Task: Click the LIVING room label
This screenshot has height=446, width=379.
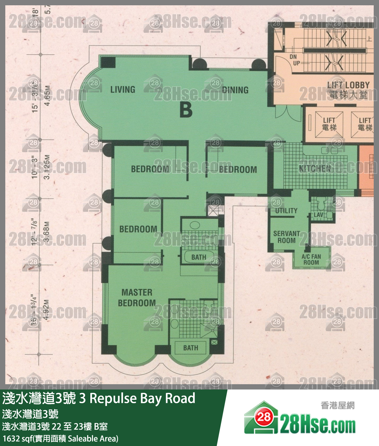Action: pyautogui.click(x=123, y=90)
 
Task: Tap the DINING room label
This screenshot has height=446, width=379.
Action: pyautogui.click(x=235, y=90)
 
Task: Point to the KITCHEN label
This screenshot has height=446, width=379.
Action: pyautogui.click(x=315, y=168)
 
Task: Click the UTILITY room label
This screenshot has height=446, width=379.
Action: pyautogui.click(x=286, y=211)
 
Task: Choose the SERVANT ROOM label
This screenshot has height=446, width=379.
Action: pyautogui.click(x=287, y=237)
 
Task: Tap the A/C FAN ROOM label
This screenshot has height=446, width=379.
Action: pyautogui.click(x=311, y=259)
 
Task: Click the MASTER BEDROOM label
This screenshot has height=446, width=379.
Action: pyautogui.click(x=137, y=298)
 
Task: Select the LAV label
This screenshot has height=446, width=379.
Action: pyautogui.click(x=318, y=215)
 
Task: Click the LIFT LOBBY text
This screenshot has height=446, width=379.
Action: pyautogui.click(x=348, y=85)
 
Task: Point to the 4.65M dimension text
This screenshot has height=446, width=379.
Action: pyautogui.click(x=47, y=96)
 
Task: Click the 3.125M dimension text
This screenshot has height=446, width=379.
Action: pyautogui.click(x=47, y=167)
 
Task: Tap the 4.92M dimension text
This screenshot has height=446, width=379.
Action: pyautogui.click(x=46, y=310)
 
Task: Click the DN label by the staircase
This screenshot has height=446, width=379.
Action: pyautogui.click(x=293, y=57)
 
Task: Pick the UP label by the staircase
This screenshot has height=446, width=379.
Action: pyautogui.click(x=296, y=63)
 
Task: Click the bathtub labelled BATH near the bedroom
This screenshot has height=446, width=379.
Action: pyautogui.click(x=199, y=257)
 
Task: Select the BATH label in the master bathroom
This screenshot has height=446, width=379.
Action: pyautogui.click(x=191, y=348)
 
